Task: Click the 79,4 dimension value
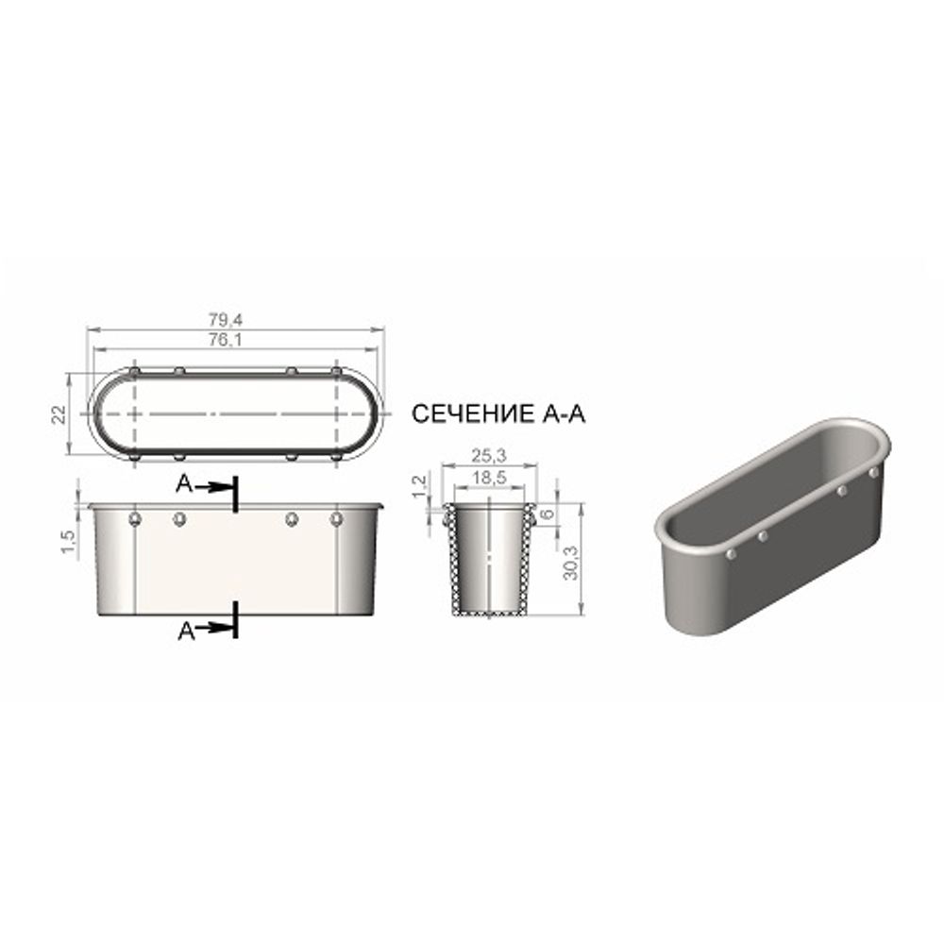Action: pos(226,320)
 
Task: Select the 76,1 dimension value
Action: pos(226,340)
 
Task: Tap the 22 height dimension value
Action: pos(59,414)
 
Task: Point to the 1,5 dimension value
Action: pos(69,541)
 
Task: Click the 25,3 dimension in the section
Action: pos(489,456)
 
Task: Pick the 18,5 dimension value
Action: pos(489,478)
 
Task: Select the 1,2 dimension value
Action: pos(421,485)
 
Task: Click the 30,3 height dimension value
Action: pos(570,563)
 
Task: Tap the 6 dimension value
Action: pos(547,514)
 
